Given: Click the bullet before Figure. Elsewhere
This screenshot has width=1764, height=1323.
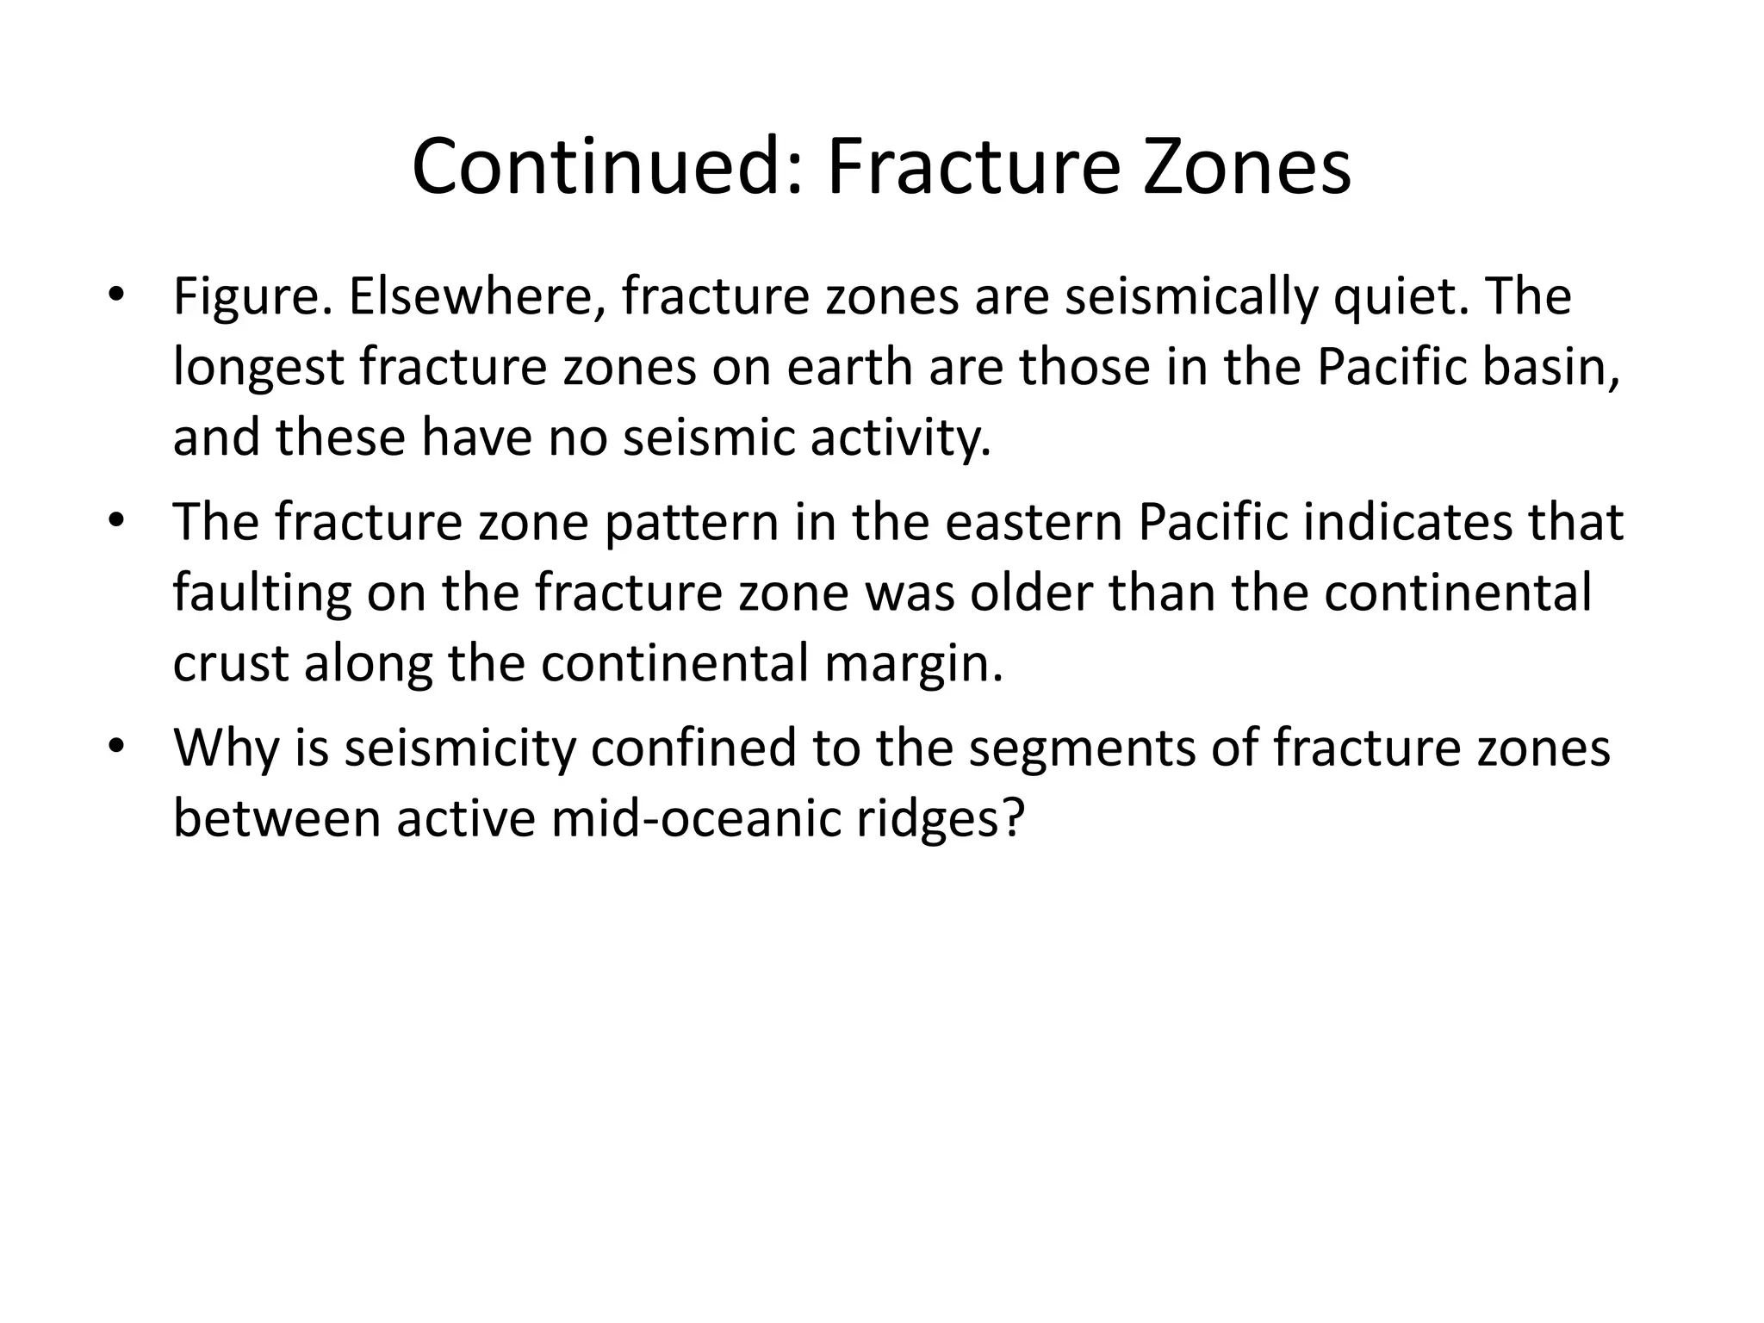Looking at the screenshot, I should pyautogui.click(x=116, y=298).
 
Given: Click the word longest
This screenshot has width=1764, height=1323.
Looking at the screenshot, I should pyautogui.click(x=258, y=369).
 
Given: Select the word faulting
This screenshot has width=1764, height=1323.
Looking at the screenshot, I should pyautogui.click(x=262, y=594).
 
